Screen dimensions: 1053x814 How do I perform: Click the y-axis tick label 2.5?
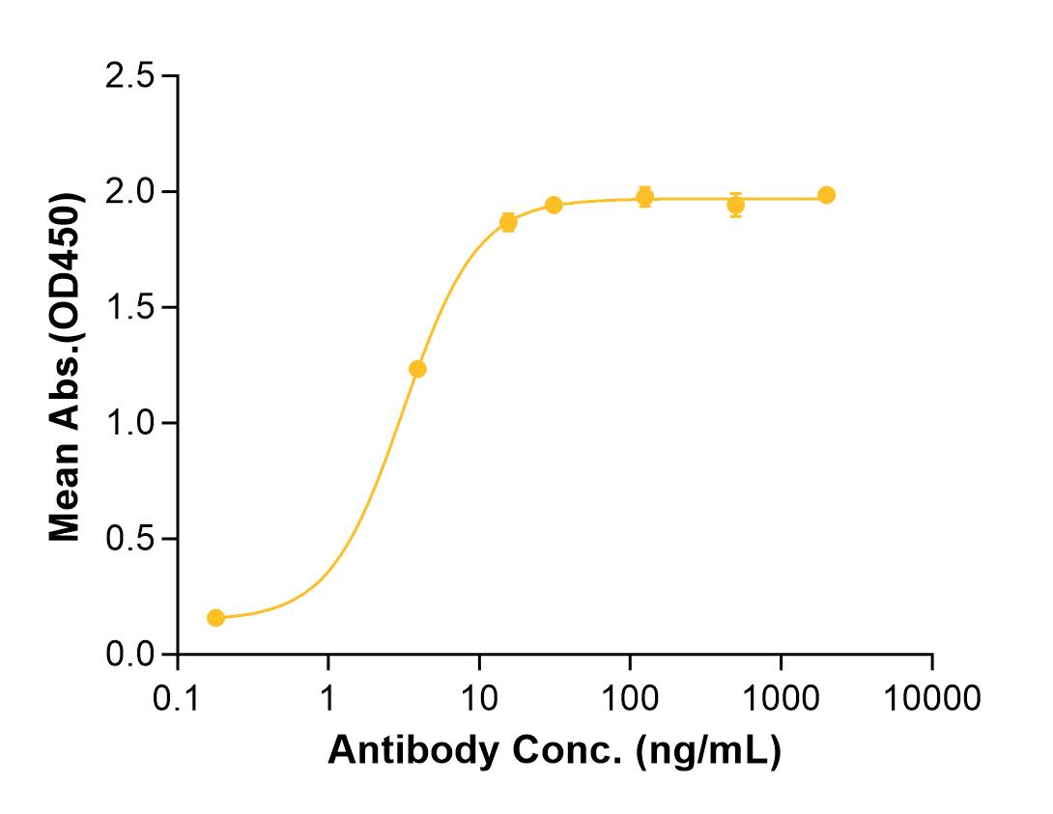(129, 76)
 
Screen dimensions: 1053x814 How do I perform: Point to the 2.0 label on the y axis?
(129, 192)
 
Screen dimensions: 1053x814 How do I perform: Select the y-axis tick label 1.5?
(129, 307)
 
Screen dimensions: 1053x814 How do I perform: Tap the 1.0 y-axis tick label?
(129, 423)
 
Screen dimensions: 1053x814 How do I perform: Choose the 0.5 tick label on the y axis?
(129, 539)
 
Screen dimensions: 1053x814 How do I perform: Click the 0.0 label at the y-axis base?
(129, 655)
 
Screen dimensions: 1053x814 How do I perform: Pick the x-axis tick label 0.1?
(176, 698)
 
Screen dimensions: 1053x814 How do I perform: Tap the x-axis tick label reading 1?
(327, 698)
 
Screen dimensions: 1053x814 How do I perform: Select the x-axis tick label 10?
(479, 698)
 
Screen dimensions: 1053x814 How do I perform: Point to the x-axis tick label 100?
(630, 698)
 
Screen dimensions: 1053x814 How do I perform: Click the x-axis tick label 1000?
(781, 698)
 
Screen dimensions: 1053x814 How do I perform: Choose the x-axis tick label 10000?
(932, 698)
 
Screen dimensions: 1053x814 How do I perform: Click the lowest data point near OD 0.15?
(215, 617)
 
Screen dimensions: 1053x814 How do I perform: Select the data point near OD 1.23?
(417, 369)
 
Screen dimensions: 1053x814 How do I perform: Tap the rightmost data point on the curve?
(827, 195)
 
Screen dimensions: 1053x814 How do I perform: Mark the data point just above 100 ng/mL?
(644, 197)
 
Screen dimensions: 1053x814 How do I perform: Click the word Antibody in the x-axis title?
(413, 750)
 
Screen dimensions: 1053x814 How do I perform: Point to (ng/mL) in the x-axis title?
(709, 751)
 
